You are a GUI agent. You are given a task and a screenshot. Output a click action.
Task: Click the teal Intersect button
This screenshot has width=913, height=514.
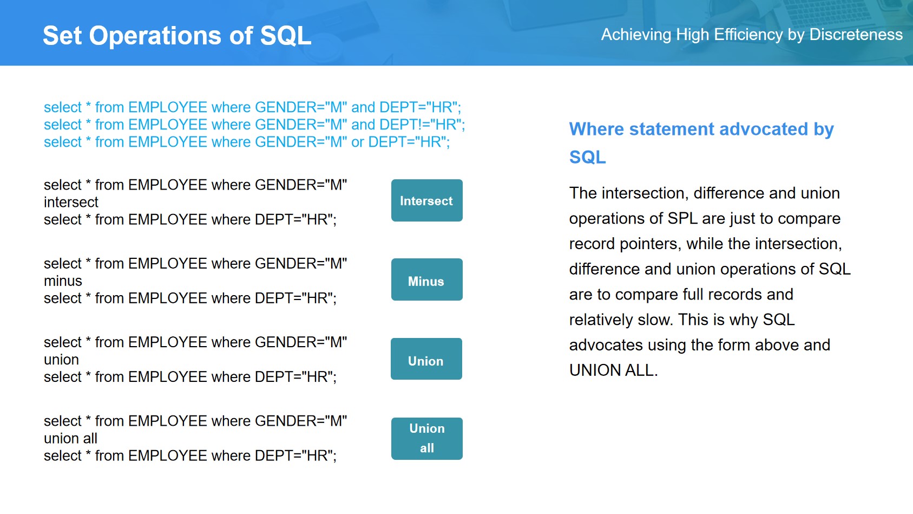427,200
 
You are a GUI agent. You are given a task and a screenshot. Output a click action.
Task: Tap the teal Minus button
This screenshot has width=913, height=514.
427,279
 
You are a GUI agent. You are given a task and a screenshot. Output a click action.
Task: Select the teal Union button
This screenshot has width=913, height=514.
426,359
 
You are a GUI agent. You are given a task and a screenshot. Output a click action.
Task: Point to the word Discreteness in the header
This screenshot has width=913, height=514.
856,35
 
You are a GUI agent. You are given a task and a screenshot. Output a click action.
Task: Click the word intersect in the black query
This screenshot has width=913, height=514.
71,203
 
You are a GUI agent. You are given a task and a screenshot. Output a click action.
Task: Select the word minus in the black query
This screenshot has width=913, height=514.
63,281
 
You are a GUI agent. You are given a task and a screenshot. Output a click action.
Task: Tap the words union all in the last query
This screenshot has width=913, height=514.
70,439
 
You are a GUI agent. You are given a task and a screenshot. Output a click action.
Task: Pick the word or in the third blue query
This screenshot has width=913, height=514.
357,142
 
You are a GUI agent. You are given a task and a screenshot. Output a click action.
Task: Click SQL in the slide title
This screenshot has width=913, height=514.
285,36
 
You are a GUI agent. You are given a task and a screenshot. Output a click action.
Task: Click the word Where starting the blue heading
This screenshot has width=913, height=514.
597,129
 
